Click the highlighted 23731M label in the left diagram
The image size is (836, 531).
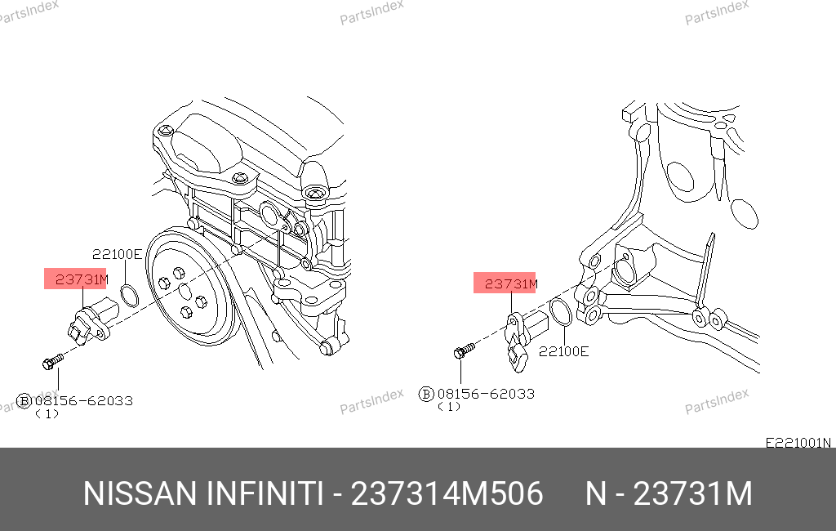[81, 279]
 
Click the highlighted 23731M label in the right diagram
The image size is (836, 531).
[511, 284]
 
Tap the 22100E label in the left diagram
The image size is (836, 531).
[117, 254]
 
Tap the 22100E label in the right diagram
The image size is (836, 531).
[563, 351]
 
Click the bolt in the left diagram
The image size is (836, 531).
[52, 361]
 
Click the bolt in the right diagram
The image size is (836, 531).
[464, 350]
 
